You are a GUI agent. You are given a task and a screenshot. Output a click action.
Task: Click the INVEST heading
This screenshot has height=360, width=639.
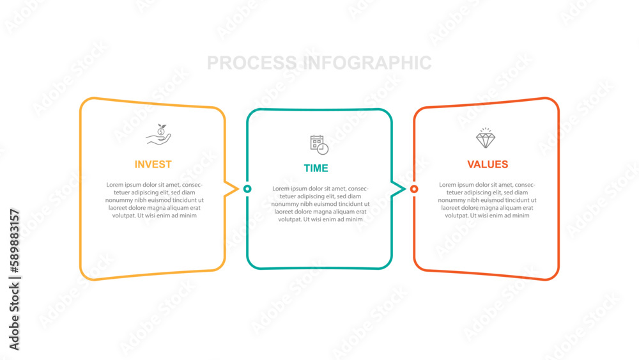click(153, 164)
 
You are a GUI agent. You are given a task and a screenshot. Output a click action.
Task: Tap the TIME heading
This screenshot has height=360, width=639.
click(316, 168)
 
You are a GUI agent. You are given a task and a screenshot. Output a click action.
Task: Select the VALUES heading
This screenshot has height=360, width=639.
click(488, 164)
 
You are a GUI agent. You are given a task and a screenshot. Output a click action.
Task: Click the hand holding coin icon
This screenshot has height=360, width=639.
click(158, 134)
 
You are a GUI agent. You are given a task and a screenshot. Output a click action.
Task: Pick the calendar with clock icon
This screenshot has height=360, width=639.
click(319, 145)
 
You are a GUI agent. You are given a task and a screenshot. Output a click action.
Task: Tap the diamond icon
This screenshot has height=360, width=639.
click(486, 138)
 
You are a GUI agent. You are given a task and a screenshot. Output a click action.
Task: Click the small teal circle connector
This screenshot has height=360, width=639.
click(247, 189)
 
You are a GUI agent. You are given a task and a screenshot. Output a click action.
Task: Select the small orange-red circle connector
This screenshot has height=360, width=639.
click(414, 189)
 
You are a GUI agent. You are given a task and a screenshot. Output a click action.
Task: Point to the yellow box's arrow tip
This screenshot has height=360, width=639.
click(238, 189)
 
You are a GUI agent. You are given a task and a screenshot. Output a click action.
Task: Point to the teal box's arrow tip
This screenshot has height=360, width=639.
click(405, 189)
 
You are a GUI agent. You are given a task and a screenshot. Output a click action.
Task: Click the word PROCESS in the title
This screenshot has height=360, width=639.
click(252, 63)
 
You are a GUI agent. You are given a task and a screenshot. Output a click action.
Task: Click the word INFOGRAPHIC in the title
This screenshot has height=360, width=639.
click(367, 63)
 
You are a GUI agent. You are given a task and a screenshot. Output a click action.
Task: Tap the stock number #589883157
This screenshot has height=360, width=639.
click(15, 241)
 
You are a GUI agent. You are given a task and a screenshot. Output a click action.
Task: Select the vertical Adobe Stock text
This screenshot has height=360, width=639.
click(15, 317)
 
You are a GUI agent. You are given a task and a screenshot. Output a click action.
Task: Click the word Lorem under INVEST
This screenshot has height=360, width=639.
click(114, 185)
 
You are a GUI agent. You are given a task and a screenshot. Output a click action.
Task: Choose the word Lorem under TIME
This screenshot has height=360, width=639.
click(281, 189)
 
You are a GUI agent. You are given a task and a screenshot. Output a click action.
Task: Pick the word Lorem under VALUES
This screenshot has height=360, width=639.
click(447, 185)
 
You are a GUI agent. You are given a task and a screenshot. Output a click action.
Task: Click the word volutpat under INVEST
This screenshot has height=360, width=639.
click(124, 215)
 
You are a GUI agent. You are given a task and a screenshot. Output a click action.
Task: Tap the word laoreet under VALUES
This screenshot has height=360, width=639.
click(451, 208)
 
